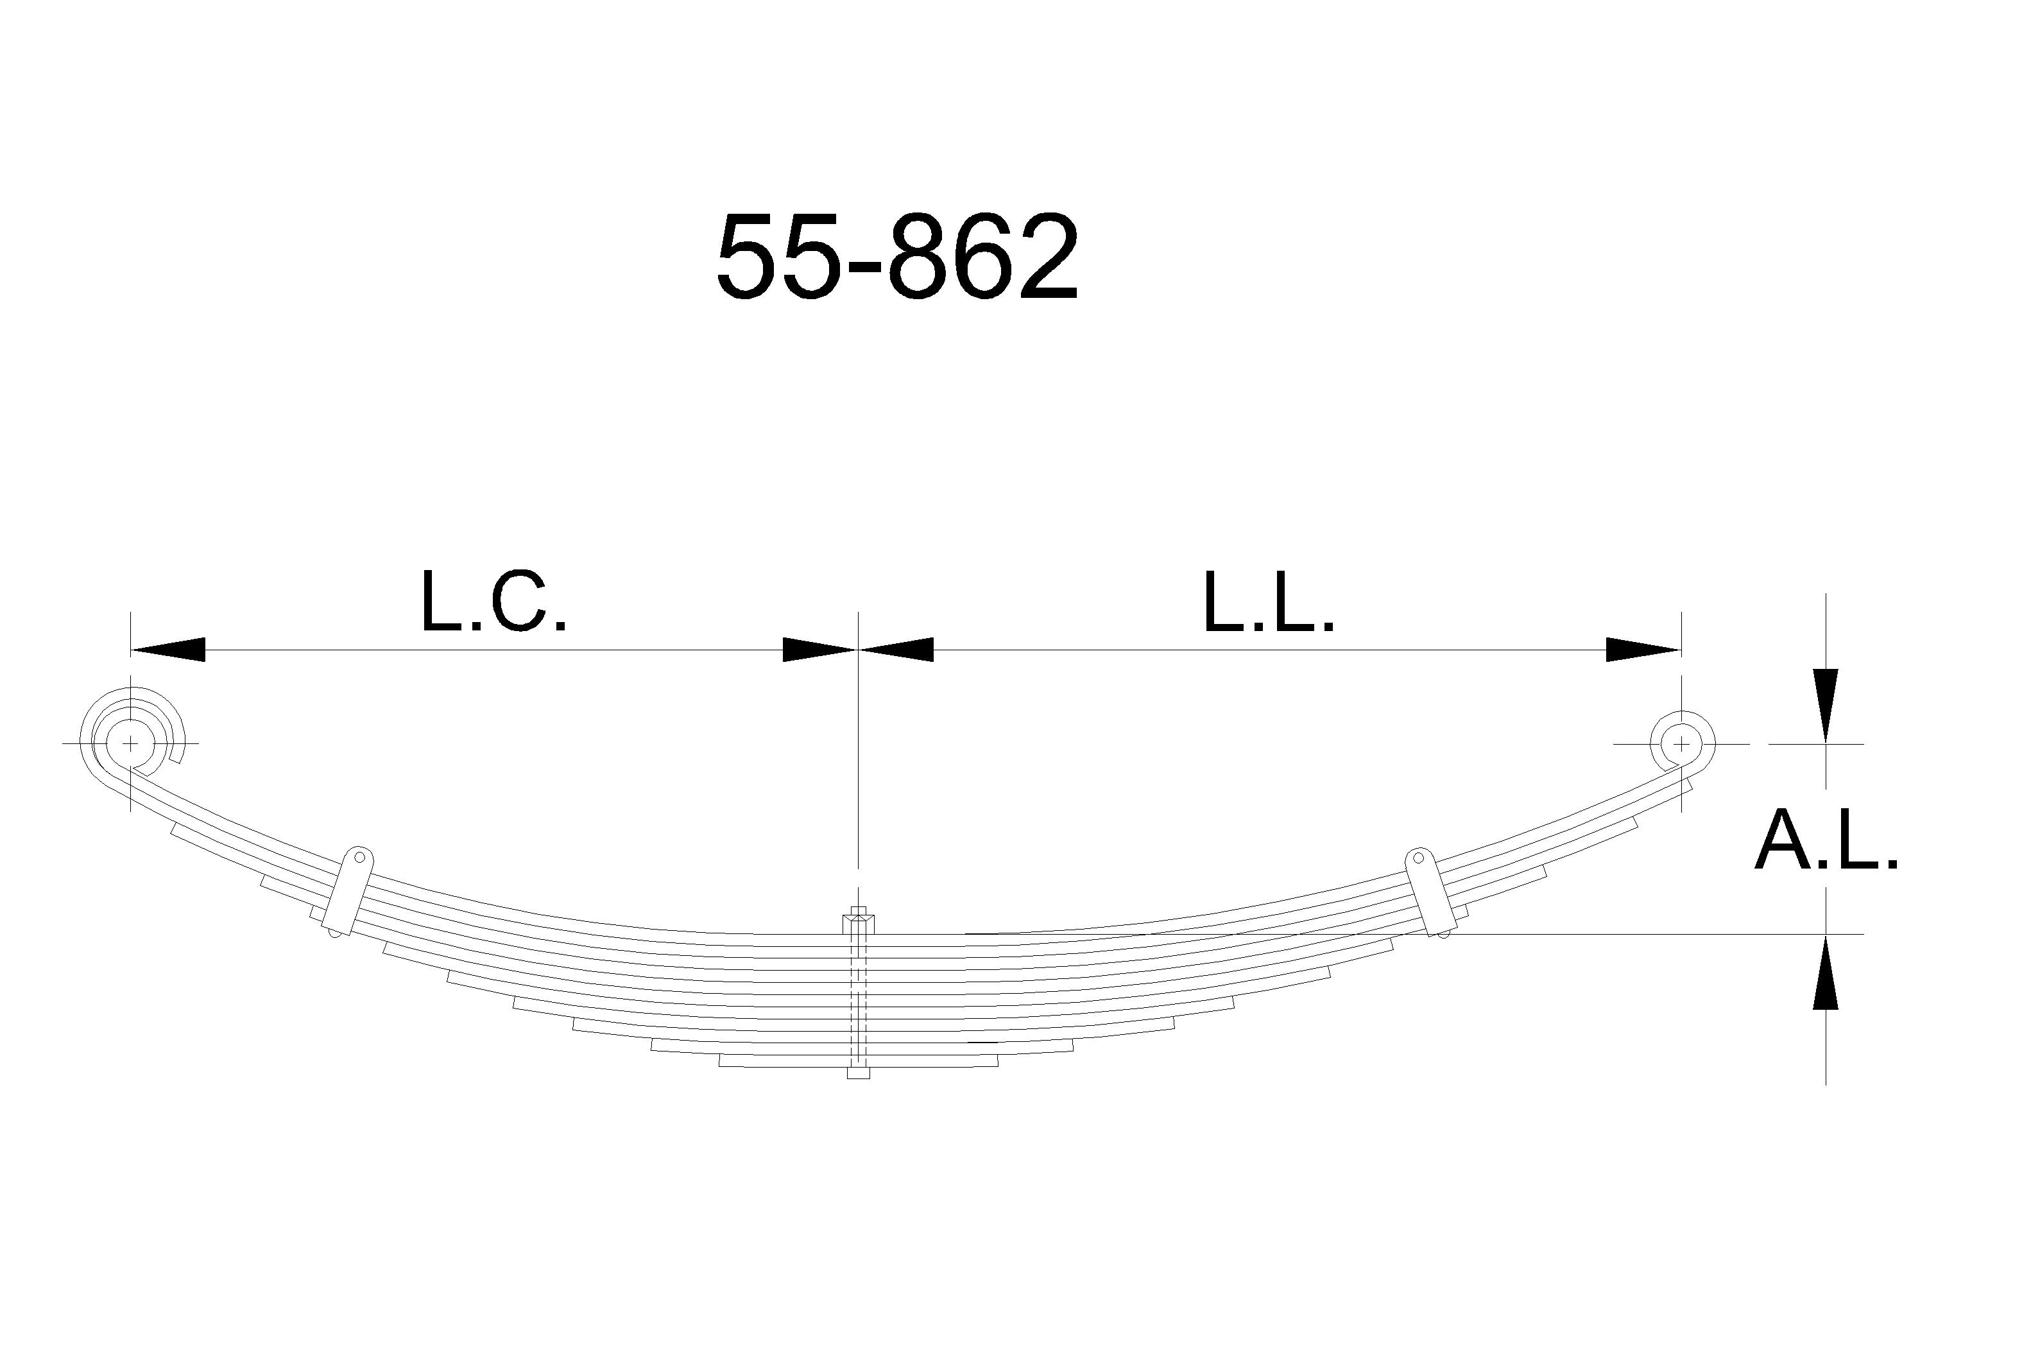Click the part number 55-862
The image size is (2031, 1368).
tap(897, 257)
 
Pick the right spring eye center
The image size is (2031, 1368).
tap(1681, 744)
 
